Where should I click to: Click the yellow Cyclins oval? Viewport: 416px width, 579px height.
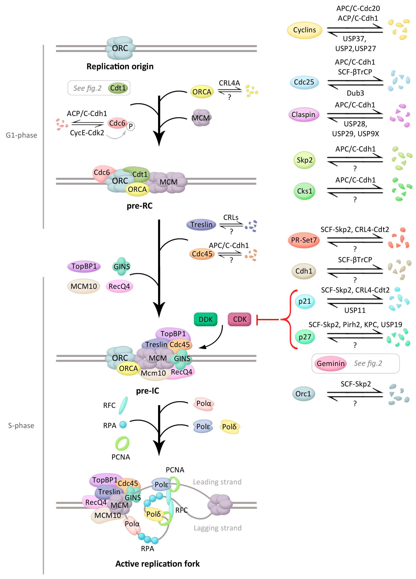tap(304, 30)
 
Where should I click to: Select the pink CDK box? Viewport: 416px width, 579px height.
tap(240, 319)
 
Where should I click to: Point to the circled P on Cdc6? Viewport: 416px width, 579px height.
tap(131, 126)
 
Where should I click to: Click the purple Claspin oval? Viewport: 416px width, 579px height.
tap(303, 115)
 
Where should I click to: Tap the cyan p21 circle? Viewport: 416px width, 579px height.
tap(305, 301)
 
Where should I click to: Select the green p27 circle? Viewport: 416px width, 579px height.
tap(305, 337)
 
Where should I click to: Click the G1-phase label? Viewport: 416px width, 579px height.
tap(21, 135)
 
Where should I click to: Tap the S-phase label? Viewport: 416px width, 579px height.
tap(21, 426)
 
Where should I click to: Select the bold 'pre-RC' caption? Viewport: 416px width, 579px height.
tap(140, 206)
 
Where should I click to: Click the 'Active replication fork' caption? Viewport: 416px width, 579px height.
tap(158, 564)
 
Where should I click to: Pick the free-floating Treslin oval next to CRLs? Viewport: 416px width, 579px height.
tap(201, 225)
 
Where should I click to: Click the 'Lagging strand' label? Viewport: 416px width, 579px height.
tap(217, 528)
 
